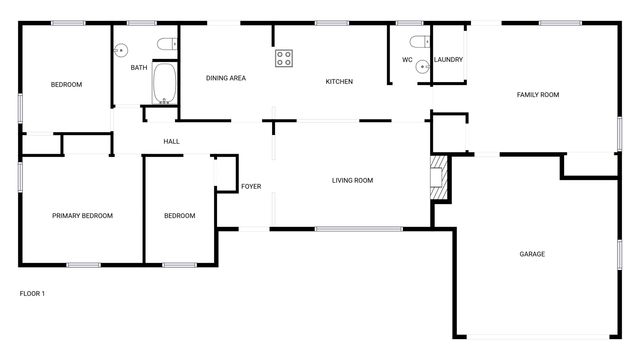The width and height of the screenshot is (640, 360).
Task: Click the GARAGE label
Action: [x=532, y=254]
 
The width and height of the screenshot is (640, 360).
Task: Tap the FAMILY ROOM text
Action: [x=537, y=95]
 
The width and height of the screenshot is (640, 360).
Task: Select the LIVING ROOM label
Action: [x=352, y=181]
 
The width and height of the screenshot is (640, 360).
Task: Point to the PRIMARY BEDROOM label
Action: [x=82, y=216]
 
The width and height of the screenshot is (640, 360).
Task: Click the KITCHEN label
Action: [x=339, y=81]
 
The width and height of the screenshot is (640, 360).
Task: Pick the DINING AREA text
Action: [x=226, y=78]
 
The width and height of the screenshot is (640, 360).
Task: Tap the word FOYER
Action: [x=251, y=187]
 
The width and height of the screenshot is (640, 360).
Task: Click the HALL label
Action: [x=171, y=142]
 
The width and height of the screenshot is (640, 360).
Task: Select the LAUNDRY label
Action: [x=447, y=60]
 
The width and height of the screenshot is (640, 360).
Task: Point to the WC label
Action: [x=407, y=60]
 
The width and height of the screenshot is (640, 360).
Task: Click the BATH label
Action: [x=139, y=68]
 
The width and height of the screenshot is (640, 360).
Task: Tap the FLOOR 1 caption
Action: [x=32, y=294]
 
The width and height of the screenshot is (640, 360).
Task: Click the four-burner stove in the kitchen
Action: [x=284, y=58]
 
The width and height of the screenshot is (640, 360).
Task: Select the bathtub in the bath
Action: [x=164, y=86]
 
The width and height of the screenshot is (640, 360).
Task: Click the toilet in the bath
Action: [x=167, y=42]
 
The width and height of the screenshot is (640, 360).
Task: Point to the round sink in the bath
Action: [x=122, y=49]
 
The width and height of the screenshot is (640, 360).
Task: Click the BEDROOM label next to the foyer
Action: [x=179, y=216]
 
